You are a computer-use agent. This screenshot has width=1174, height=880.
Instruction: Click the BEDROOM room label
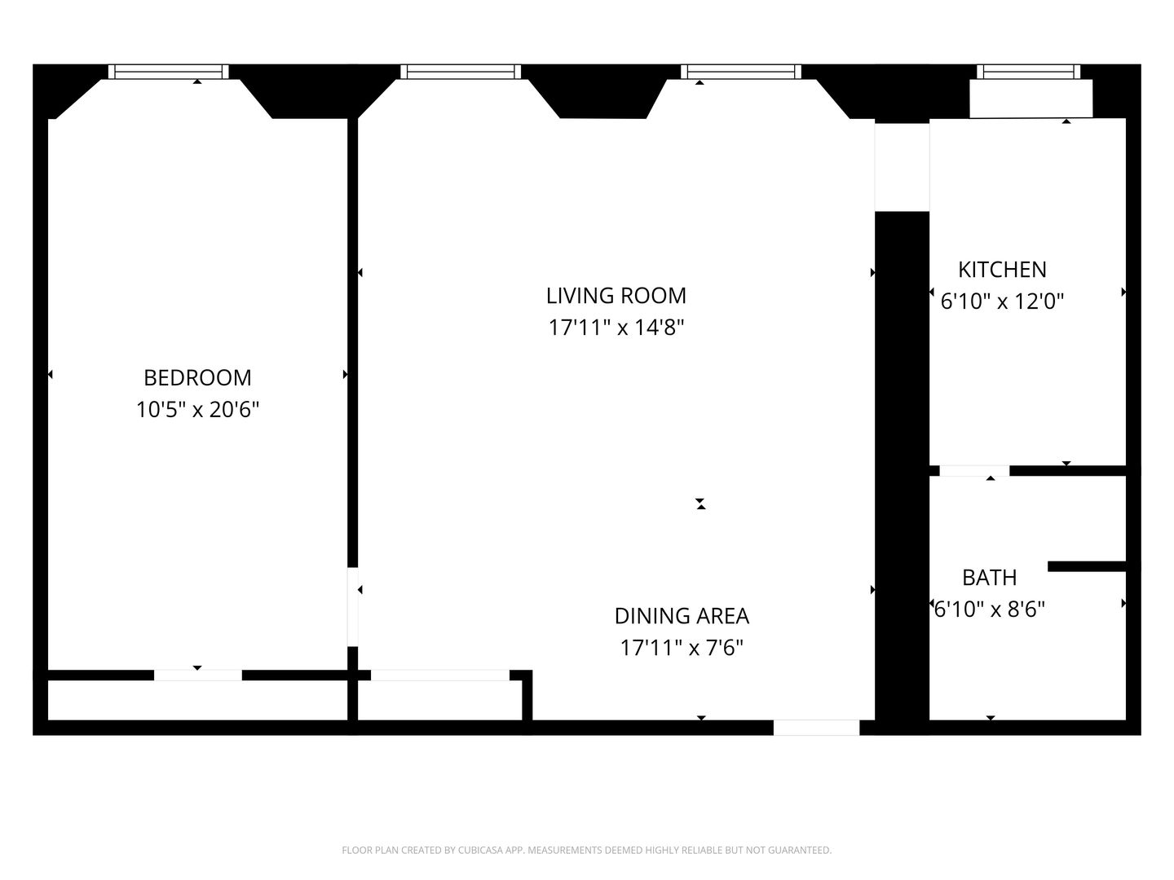click(x=197, y=377)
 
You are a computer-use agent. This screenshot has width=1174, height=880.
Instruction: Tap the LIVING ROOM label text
click(x=616, y=295)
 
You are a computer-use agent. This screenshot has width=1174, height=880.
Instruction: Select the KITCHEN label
click(x=1002, y=269)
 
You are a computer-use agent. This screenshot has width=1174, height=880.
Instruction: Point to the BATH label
click(x=989, y=577)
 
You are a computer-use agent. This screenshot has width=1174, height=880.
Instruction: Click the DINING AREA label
click(x=682, y=615)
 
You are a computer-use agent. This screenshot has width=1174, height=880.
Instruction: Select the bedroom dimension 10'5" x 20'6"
click(x=197, y=409)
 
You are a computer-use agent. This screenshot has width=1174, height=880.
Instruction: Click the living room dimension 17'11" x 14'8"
click(x=616, y=328)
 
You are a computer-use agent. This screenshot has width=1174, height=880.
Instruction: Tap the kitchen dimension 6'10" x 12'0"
click(x=1002, y=301)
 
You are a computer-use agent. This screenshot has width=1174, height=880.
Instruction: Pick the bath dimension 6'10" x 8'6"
click(x=989, y=609)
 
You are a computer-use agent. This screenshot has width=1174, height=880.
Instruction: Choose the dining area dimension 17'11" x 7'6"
click(x=682, y=648)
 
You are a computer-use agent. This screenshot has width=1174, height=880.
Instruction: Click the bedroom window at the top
click(x=169, y=72)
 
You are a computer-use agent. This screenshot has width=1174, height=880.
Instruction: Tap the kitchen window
click(x=1029, y=72)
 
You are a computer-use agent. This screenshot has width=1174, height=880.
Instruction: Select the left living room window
click(x=460, y=72)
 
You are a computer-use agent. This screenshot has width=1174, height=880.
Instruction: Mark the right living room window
click(x=741, y=72)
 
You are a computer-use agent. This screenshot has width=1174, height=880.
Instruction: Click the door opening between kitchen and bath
click(x=974, y=471)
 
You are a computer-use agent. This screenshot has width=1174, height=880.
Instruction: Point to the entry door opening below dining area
click(x=816, y=728)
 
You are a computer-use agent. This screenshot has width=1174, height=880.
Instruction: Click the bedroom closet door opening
click(x=198, y=675)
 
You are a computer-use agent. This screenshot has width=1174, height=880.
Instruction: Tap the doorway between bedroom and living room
click(x=353, y=606)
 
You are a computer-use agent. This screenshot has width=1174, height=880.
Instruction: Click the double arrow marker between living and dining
click(x=700, y=504)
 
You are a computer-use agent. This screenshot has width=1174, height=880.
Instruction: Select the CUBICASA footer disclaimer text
click(x=586, y=850)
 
